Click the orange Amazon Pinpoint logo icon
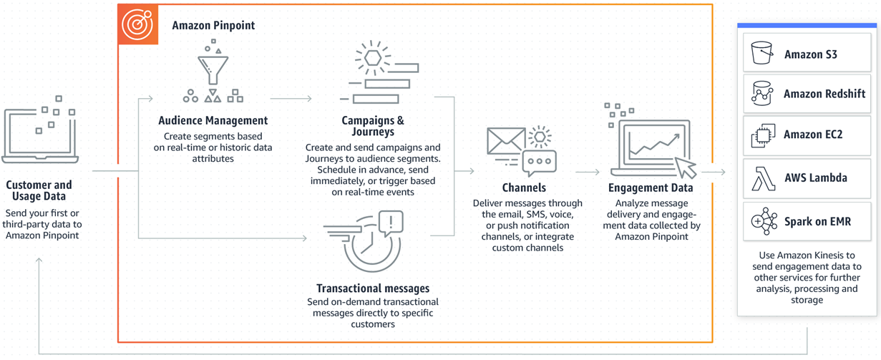137,24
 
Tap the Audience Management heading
213,121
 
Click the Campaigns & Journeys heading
373,126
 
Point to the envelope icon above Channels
506,141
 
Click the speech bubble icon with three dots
539,162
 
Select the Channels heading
524,188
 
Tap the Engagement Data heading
651,188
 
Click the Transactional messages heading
373,288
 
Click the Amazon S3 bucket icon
761,53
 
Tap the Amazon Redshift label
824,94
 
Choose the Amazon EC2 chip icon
763,135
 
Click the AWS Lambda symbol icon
763,178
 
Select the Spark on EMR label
817,222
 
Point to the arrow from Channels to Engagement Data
588,172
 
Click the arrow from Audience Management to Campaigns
291,99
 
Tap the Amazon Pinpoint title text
213,26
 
